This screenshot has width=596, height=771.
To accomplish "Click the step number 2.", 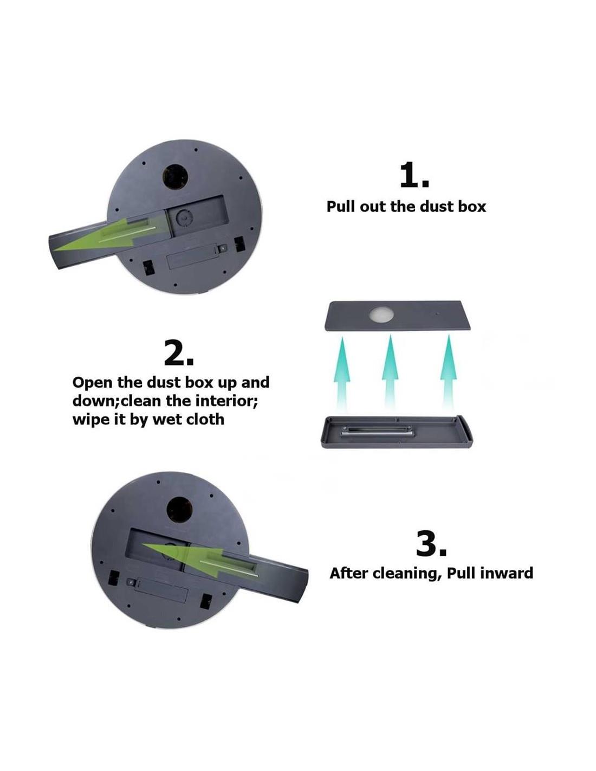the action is coord(179,352).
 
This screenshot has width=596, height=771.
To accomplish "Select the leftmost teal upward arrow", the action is coord(342,372).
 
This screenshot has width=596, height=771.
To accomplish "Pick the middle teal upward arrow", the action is coord(390,371).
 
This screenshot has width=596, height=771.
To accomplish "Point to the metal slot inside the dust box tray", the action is coord(377,432).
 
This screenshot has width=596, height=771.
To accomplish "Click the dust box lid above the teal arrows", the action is coord(398,316).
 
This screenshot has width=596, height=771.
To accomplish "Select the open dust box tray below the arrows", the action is coord(397,432).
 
